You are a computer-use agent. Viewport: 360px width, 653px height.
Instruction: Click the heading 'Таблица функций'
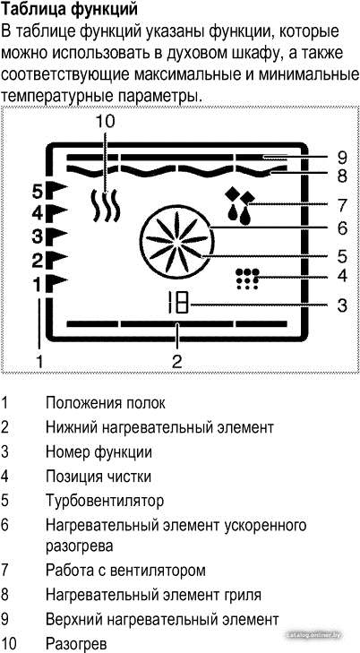pos(69,9)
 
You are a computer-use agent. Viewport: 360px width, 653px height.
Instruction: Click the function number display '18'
pos(177,305)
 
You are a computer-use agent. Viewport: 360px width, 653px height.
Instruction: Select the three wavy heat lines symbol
pos(107,206)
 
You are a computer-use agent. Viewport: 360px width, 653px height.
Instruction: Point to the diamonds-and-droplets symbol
pos(240,206)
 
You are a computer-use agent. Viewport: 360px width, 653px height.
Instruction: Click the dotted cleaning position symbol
pos(247,279)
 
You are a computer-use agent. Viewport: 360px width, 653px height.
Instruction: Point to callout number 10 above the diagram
pos(105,122)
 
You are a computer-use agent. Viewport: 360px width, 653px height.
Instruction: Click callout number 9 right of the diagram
pos(342,158)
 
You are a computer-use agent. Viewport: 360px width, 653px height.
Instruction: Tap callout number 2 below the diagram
pos(177,361)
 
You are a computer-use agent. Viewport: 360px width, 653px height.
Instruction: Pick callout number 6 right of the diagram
pos(342,228)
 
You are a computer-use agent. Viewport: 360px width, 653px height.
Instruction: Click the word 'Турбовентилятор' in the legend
pos(105,500)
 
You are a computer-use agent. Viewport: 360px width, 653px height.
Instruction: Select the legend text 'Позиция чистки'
pos(99,476)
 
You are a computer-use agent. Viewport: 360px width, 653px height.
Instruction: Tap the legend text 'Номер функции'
pos(99,451)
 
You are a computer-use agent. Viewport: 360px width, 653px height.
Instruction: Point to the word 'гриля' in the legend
pos(241,595)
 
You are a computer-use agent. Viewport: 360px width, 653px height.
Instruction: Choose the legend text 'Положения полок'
pos(106,403)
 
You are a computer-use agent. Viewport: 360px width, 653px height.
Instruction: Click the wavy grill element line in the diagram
pos(177,171)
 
